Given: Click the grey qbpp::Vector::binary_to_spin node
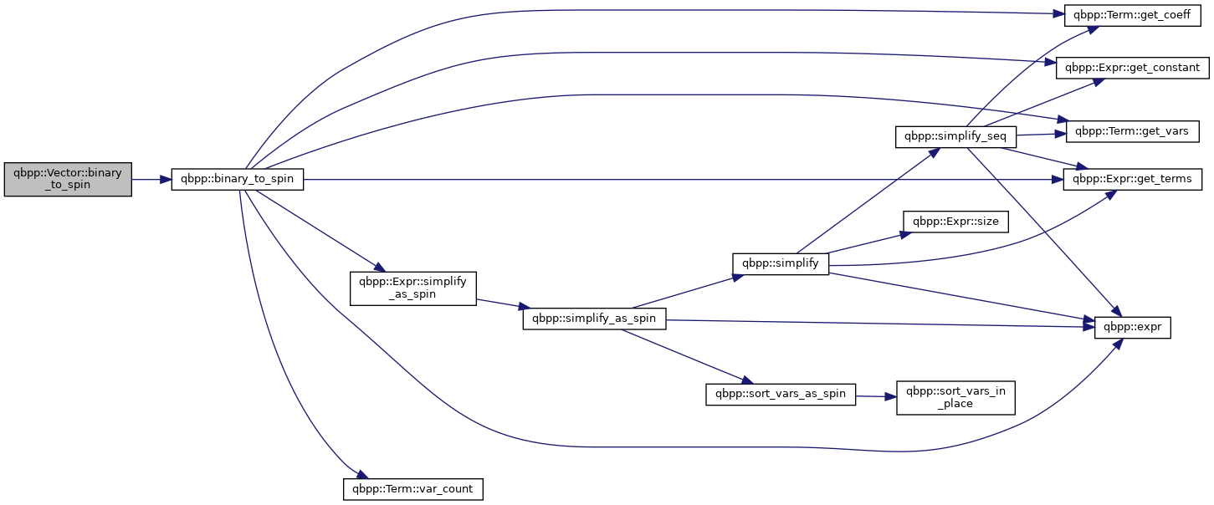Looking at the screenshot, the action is [68, 180].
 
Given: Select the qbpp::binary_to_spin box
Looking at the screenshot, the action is [238, 180].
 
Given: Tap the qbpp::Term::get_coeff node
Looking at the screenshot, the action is [1132, 15].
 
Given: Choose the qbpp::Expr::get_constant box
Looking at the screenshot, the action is [1132, 68].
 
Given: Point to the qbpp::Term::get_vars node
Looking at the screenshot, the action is [1132, 131].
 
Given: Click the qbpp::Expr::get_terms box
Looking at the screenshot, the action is [1132, 180].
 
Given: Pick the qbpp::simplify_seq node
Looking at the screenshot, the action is [955, 136].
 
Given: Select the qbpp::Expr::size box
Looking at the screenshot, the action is [955, 222].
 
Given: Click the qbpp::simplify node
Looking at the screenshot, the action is [781, 264].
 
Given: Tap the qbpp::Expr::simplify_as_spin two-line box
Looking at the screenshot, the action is [413, 288].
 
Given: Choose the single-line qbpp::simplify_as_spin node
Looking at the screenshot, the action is [594, 319].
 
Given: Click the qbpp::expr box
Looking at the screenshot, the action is [1132, 328].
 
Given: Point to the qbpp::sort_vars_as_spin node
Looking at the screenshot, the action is [781, 395].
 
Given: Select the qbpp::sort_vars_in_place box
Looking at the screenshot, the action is [955, 398].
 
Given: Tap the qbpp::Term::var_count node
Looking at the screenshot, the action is [413, 489].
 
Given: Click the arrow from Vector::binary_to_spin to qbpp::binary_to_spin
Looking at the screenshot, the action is [151, 180].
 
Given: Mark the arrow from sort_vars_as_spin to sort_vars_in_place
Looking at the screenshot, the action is [876, 396].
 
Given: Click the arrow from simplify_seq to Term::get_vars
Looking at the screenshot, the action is [1041, 135].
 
